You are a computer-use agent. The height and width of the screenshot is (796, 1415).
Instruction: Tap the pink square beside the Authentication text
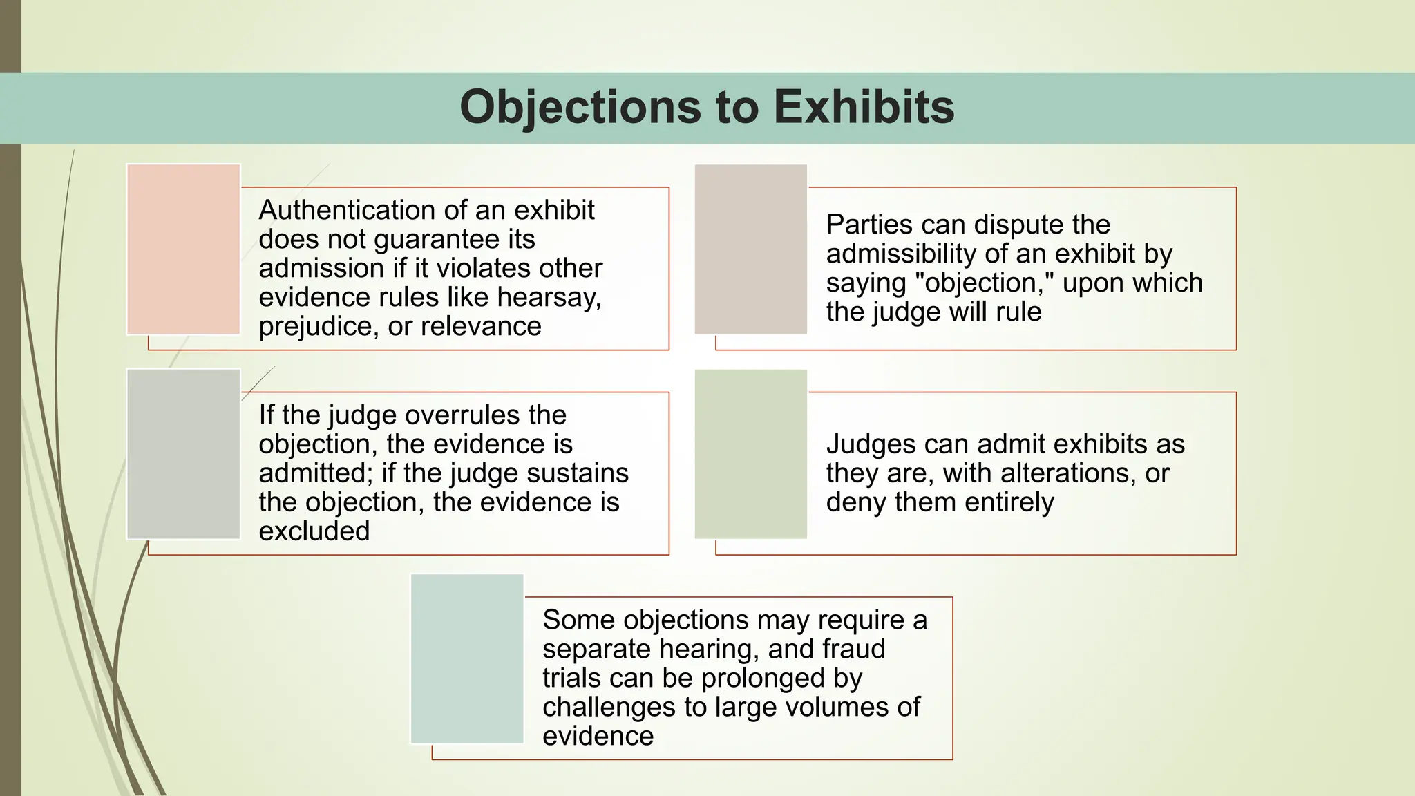pyautogui.click(x=183, y=249)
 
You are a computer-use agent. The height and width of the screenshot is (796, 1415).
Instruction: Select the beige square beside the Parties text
pyautogui.click(x=751, y=249)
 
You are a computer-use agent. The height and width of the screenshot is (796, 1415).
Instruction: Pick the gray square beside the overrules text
pyautogui.click(x=183, y=454)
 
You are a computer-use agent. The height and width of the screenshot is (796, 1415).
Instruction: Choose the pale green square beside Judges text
pyautogui.click(x=751, y=454)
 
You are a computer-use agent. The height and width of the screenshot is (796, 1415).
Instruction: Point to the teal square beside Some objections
pyautogui.click(x=467, y=658)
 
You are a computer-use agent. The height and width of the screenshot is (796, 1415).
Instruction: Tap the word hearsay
pyautogui.click(x=549, y=298)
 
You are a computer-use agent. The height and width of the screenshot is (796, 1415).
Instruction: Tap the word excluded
pyautogui.click(x=314, y=531)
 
